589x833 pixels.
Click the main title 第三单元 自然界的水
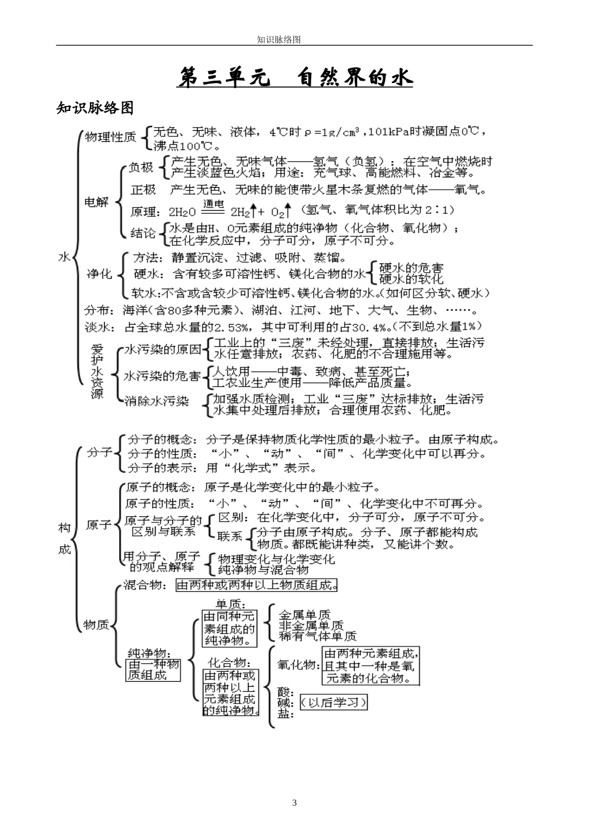click(x=294, y=79)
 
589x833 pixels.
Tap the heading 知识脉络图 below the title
click(x=95, y=108)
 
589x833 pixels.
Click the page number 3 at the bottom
click(x=294, y=803)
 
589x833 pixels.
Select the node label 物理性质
click(x=110, y=137)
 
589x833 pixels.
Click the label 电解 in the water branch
click(x=96, y=201)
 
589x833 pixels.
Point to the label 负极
click(x=141, y=167)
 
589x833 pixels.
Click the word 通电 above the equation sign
click(x=213, y=204)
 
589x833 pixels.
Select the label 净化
click(x=99, y=273)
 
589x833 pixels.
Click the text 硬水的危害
click(x=412, y=268)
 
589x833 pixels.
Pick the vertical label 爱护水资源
click(x=97, y=371)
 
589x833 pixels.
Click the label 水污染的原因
click(x=163, y=350)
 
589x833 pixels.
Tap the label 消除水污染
click(x=156, y=401)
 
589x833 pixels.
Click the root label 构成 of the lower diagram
click(x=65, y=539)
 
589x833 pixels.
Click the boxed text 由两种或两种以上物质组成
click(x=257, y=584)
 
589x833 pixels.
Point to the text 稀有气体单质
click(x=317, y=636)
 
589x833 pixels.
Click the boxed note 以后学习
click(x=334, y=702)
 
